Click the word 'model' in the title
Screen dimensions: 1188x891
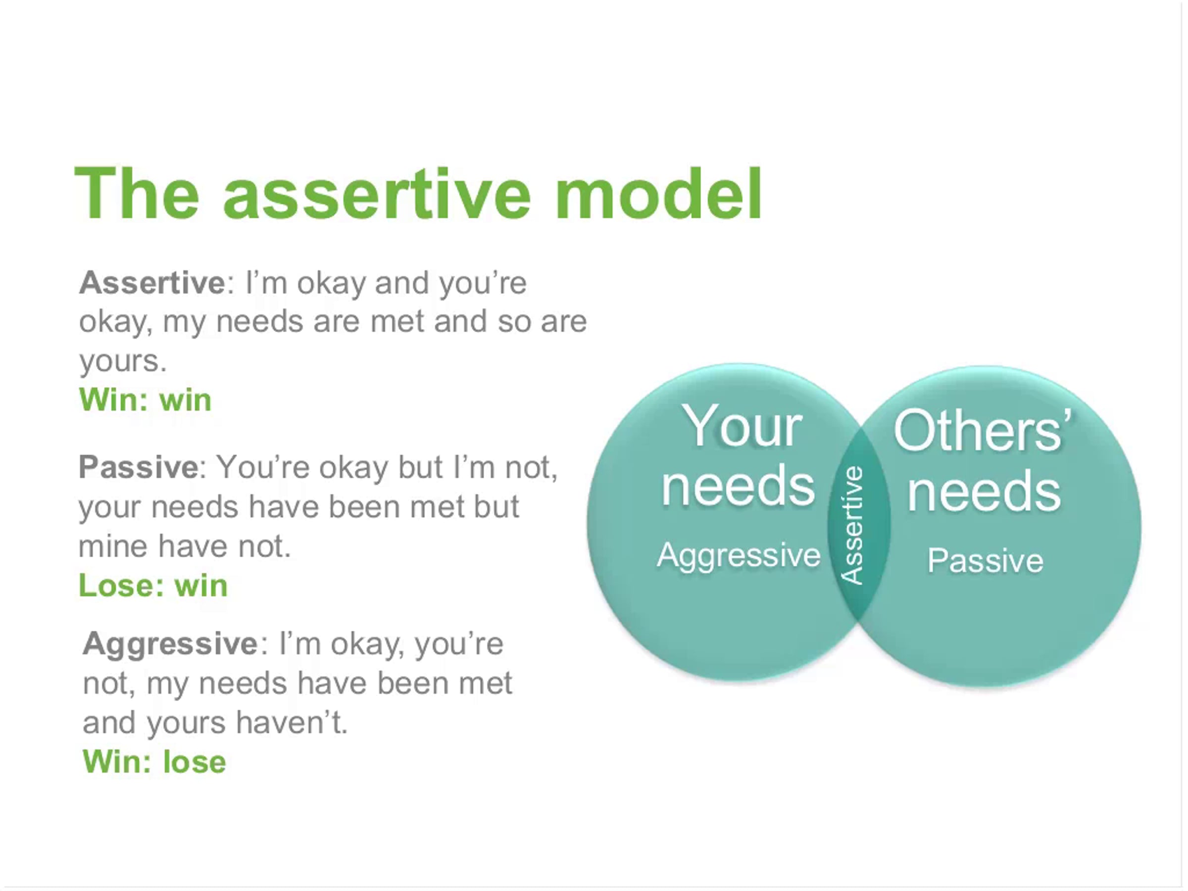pos(659,194)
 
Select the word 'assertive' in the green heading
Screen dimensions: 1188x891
pos(377,195)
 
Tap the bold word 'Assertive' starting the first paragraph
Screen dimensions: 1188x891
pos(152,283)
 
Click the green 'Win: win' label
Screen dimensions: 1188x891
pos(145,399)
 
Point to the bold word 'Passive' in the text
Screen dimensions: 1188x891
pos(139,467)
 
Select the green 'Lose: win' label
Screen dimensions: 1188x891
pos(153,585)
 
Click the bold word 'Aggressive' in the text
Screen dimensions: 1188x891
pos(170,644)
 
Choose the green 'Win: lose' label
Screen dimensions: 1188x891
pos(154,762)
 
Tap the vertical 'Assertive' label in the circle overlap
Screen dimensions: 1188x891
pos(852,525)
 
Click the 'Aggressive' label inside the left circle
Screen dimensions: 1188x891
pos(739,556)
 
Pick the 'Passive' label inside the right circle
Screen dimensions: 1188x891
pos(986,561)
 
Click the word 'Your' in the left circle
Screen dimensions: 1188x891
pos(742,426)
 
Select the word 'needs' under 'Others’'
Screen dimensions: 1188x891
pos(984,491)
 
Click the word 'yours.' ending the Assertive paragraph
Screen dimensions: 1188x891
pos(123,361)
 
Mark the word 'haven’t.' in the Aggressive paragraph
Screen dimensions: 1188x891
pos(292,722)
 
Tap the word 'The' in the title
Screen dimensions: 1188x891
pos(137,194)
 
